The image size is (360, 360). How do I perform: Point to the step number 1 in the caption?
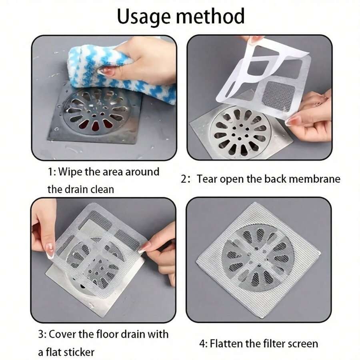(x=50, y=172)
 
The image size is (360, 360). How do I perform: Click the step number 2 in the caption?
(x=184, y=179)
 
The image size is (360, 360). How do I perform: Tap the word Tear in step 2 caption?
(x=206, y=179)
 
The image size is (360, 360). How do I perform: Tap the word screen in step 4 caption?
(x=300, y=344)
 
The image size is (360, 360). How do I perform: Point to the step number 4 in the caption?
(x=202, y=344)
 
